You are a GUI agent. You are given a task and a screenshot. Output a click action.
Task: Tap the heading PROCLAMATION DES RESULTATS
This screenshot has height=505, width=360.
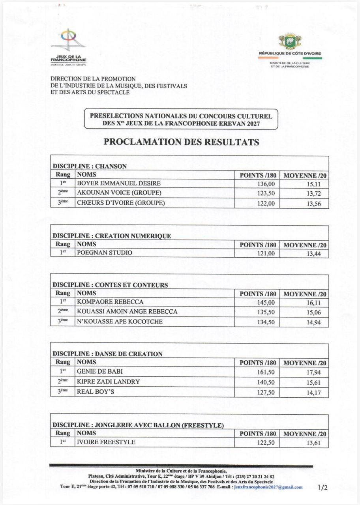182,142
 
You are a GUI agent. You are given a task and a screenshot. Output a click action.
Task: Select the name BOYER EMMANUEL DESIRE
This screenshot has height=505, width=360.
119,183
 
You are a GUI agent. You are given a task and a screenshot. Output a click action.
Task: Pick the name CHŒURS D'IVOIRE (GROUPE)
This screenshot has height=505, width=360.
121,203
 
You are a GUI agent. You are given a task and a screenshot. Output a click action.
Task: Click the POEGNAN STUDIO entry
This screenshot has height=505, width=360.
105,253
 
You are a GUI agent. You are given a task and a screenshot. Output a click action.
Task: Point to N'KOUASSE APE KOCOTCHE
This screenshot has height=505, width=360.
120,322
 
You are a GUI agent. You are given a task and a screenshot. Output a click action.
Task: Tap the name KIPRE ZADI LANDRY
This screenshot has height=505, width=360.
109,382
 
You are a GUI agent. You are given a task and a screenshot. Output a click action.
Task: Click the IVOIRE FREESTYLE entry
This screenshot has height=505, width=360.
106,442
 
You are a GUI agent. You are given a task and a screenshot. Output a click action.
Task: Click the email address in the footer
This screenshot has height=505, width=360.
268,487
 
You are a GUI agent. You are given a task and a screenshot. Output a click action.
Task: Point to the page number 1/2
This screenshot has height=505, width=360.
322,488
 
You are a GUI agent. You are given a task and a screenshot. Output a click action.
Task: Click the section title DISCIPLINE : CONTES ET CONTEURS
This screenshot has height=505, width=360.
111,285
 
